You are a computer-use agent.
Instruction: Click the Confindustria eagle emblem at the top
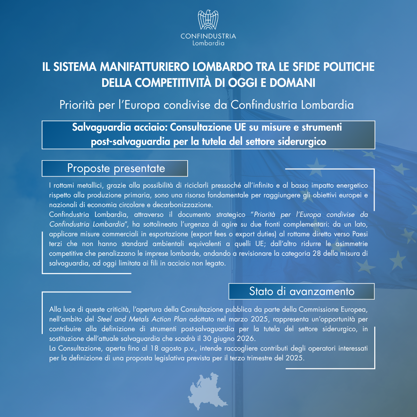[x=208, y=20]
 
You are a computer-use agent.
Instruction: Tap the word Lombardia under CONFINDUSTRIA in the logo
[x=208, y=43]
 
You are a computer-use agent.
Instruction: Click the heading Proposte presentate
[x=116, y=169]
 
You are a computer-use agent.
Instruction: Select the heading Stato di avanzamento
[x=302, y=292]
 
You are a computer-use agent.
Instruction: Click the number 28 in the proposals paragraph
[x=317, y=254]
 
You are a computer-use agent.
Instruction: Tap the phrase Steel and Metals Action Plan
[x=142, y=319]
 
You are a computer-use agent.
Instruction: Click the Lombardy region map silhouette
[x=207, y=392]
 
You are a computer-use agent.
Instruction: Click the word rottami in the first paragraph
[x=64, y=186]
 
